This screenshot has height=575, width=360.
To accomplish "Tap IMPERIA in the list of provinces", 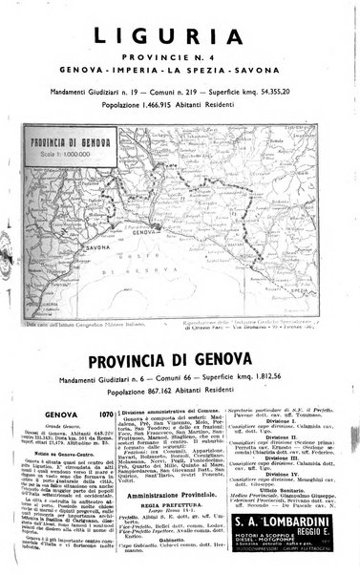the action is coord(182,73).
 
